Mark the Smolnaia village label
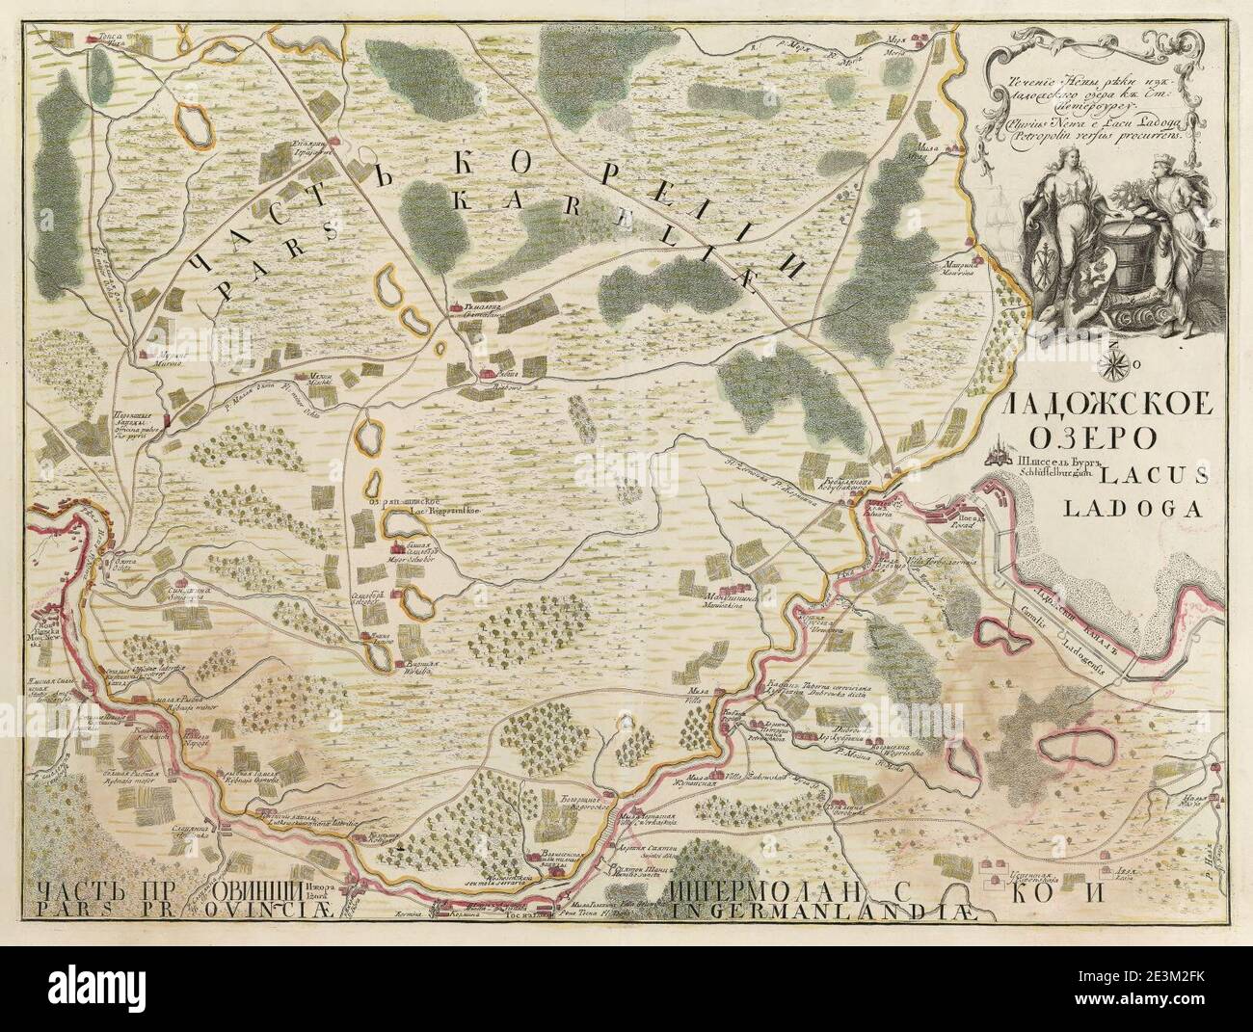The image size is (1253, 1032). tap(183, 595)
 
